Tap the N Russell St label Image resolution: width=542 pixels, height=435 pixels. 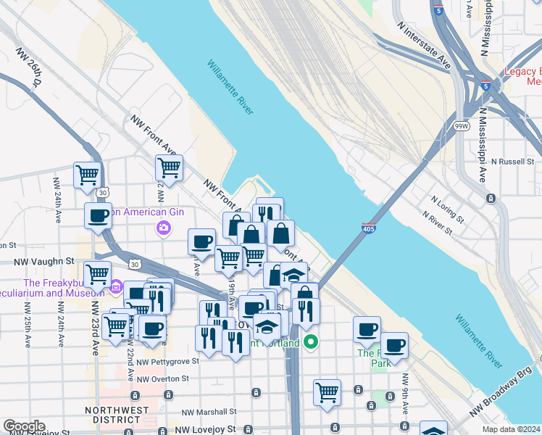click(515, 161)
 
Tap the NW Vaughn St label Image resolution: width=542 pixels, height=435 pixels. click(45, 260)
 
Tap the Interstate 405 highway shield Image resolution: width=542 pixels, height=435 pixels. click(368, 228)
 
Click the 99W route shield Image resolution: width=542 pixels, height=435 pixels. click(461, 125)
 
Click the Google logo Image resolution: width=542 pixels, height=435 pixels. click(23, 426)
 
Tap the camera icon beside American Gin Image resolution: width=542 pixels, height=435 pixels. click(163, 228)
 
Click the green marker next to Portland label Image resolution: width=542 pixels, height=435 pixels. click(311, 341)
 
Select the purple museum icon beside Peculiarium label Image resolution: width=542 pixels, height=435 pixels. click(115, 288)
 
